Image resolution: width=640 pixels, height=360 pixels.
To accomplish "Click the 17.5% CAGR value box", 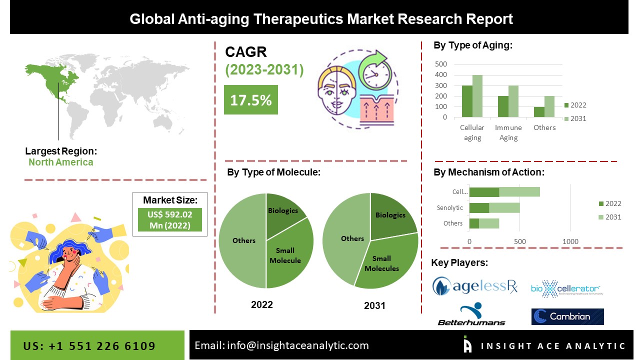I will pyautogui.click(x=250, y=100).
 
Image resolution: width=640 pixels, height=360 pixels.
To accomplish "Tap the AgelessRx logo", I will pyautogui.click(x=474, y=286).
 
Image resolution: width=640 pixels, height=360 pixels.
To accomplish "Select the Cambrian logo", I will pyautogui.click(x=567, y=316).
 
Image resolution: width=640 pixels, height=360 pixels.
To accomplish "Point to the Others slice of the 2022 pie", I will pyautogui.click(x=243, y=240).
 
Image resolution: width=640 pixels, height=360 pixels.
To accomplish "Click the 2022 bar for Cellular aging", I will pyautogui.click(x=467, y=101).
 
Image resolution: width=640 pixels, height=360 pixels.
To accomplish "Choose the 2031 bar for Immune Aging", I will pyautogui.click(x=513, y=101).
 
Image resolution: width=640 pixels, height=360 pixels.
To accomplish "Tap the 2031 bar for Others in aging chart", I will pyautogui.click(x=549, y=106).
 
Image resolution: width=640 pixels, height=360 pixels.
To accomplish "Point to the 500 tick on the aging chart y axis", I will pyautogui.click(x=441, y=64).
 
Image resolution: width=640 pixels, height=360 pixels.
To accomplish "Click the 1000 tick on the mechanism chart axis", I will pyautogui.click(x=570, y=242).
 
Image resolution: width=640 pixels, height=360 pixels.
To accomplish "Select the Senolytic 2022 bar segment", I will pyautogui.click(x=479, y=208).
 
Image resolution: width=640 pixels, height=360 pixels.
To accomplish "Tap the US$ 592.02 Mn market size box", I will pyautogui.click(x=169, y=220).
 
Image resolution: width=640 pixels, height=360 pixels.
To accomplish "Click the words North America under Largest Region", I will pyautogui.click(x=60, y=162).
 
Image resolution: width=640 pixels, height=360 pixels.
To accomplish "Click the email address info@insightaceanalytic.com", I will pyautogui.click(x=281, y=345).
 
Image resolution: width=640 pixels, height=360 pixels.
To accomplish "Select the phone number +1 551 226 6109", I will pyautogui.click(x=89, y=346).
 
